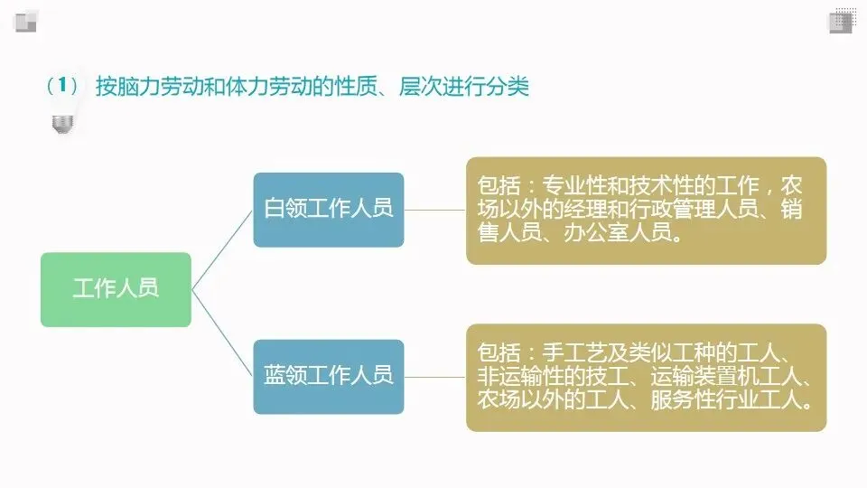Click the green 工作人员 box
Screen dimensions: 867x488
[x=116, y=289]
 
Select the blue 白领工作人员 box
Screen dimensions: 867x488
[x=328, y=209]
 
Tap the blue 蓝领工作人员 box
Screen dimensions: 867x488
[x=328, y=376]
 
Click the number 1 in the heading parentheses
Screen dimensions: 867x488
[x=62, y=87]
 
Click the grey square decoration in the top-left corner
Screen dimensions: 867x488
[x=24, y=21]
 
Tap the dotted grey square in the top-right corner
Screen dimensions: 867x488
[x=843, y=20]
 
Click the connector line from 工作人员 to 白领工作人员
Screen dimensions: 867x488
[x=222, y=249]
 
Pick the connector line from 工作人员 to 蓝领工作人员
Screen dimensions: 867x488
[x=222, y=332]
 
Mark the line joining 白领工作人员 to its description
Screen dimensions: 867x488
[x=434, y=210]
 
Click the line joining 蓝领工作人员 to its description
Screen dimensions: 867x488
[x=434, y=377]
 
